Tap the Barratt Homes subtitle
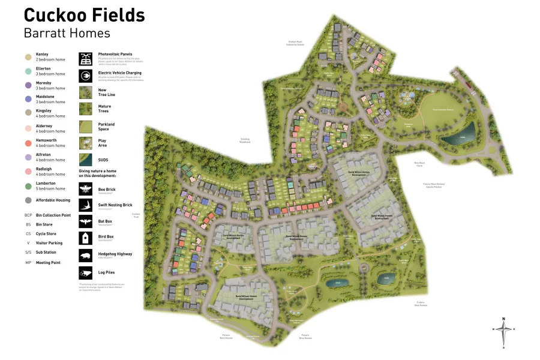pos(67,33)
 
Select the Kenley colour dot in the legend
pos(28,57)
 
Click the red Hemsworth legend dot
pos(28,143)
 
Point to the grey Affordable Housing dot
pos(28,200)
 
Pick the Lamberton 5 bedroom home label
pos(50,186)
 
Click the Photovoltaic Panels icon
pos(86,59)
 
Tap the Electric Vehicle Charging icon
pos(86,76)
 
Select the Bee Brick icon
pos(86,190)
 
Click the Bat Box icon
pos(86,221)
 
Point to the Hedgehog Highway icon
pos(86,255)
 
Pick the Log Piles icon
pos(86,272)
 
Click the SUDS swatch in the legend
pos(86,160)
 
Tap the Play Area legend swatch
pos(86,143)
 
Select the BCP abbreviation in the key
pos(28,215)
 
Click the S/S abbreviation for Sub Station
pos(28,253)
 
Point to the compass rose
pos(504,331)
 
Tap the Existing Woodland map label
pos(244,140)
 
